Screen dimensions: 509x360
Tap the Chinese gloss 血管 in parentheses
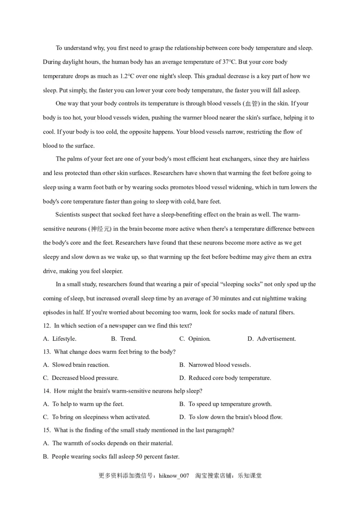pyautogui.click(x=251, y=104)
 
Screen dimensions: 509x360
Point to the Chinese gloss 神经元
pyautogui.click(x=100, y=229)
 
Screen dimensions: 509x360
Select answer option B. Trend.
pyautogui.click(x=124, y=339)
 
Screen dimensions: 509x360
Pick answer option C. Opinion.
pyautogui.click(x=195, y=339)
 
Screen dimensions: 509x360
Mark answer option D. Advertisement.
pyautogui.click(x=271, y=339)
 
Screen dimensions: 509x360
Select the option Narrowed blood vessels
pyautogui.click(x=215, y=365)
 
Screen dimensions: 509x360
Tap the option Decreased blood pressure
pyautogui.click(x=81, y=378)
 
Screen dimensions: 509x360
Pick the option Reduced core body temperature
pyautogui.click(x=225, y=378)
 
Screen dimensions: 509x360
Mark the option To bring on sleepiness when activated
pyautogui.click(x=97, y=417)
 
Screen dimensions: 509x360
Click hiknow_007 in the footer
pyautogui.click(x=174, y=476)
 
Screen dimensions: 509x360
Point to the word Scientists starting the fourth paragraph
pyautogui.click(x=68, y=214)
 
